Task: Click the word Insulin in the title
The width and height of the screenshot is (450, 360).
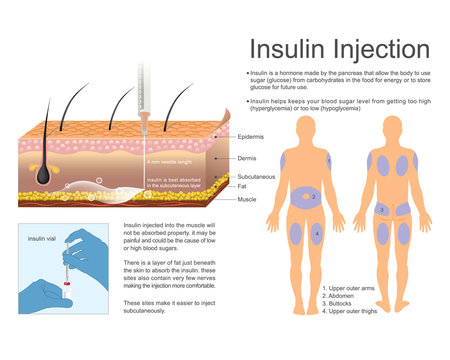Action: pyautogui.click(x=283, y=50)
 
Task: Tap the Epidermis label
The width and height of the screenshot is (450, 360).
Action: pyautogui.click(x=253, y=136)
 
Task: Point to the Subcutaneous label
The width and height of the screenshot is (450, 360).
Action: pyautogui.click(x=259, y=176)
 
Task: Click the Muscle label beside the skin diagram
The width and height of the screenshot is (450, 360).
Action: pyautogui.click(x=247, y=199)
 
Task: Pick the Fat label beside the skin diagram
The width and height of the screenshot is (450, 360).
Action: pyautogui.click(x=242, y=185)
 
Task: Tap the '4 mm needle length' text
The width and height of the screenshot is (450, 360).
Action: pyautogui.click(x=171, y=161)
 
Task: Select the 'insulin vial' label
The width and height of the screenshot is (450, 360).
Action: pyautogui.click(x=44, y=240)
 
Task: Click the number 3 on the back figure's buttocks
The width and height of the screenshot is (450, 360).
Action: pyautogui.click(x=381, y=210)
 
